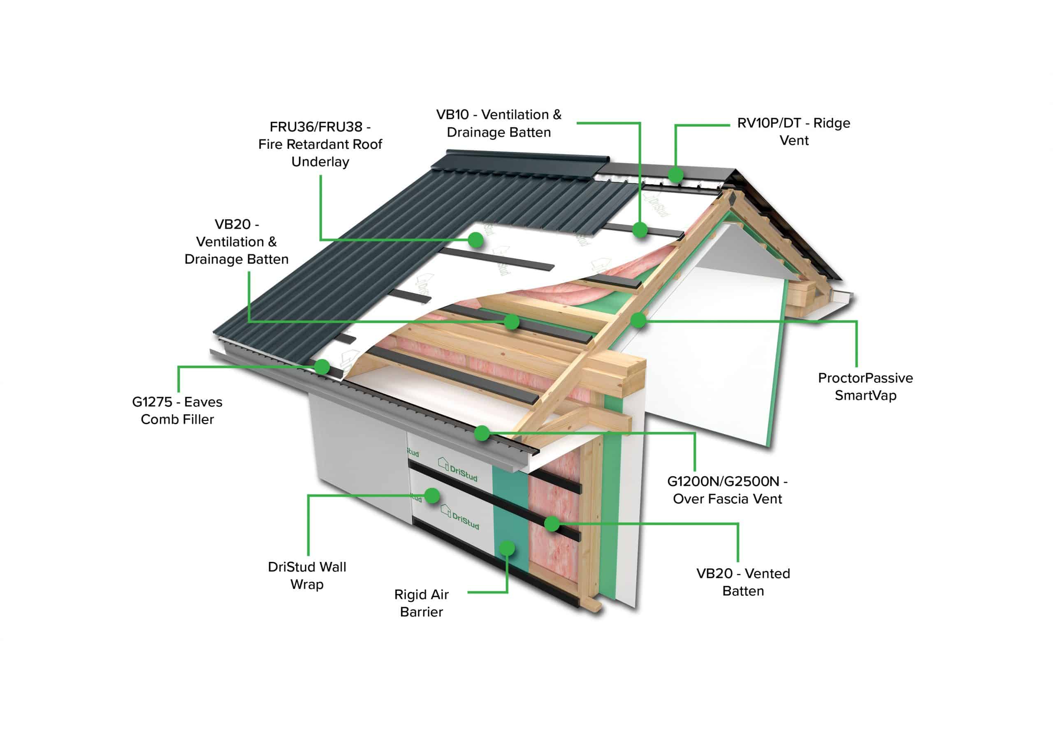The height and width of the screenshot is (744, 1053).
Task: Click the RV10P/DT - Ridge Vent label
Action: pos(793,132)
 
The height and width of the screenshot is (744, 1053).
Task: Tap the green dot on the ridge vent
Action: pos(675,175)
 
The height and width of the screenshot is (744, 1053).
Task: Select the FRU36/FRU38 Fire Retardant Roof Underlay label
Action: pos(320,144)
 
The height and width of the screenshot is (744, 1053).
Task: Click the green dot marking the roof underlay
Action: pos(476,239)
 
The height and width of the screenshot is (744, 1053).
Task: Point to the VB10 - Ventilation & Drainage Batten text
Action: pos(499,123)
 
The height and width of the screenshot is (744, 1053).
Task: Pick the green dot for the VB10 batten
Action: pos(640,229)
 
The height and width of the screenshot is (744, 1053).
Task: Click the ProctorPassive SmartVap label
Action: pos(865,386)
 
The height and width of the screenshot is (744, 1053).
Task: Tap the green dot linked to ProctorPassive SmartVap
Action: pos(638,320)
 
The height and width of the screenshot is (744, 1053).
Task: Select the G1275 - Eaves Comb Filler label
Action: pos(177,410)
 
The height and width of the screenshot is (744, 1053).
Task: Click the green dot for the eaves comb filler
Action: pos(322,367)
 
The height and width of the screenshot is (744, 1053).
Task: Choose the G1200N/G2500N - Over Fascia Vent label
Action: pos(727,490)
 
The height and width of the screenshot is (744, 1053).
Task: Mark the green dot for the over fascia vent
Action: pos(482,433)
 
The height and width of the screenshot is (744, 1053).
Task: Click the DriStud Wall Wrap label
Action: pos(307,575)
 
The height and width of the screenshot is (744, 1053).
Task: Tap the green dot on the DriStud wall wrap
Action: pos(432,496)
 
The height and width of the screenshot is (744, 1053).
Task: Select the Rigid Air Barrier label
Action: pos(421,603)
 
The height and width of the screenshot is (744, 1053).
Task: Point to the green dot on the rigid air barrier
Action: pos(507,548)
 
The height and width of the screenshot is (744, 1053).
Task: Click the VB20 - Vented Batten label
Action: pos(743,582)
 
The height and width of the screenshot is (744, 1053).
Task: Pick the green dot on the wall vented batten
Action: pos(552,524)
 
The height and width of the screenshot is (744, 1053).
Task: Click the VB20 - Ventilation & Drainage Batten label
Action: pos(236,242)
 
